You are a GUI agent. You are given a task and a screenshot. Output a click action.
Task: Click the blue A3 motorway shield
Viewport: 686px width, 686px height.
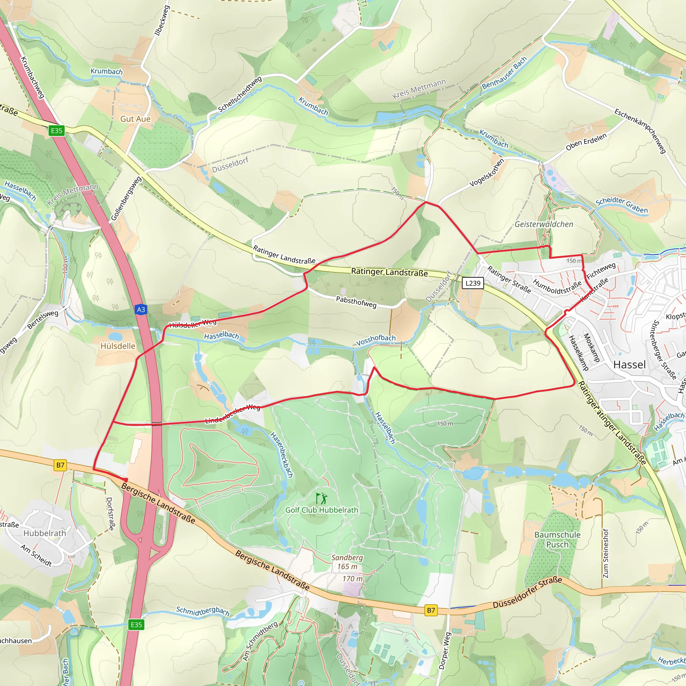tap(141, 309)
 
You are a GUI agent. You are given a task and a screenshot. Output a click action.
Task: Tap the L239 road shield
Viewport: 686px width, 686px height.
tap(473, 283)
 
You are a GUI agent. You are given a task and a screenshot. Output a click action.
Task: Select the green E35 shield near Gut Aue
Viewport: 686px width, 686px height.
tap(57, 131)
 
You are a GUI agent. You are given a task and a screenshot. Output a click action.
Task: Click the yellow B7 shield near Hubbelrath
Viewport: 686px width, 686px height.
tap(60, 465)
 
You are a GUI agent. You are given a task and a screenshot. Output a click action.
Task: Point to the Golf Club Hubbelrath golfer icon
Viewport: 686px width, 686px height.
tap(322, 498)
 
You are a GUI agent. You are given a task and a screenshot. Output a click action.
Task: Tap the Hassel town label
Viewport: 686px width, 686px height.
tap(629, 365)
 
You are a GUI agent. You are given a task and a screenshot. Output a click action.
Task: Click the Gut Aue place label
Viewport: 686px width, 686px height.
tap(135, 119)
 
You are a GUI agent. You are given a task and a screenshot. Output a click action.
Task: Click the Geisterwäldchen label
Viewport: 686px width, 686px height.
tap(544, 224)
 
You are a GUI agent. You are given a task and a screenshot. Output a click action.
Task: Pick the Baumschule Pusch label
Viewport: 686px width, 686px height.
tap(557, 539)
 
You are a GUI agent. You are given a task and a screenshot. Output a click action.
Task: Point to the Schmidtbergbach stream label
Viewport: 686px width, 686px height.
tap(203, 611)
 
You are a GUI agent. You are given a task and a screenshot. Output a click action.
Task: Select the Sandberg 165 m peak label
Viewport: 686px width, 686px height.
tap(347, 562)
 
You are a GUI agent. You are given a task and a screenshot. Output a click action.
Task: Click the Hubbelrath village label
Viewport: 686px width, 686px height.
tap(45, 533)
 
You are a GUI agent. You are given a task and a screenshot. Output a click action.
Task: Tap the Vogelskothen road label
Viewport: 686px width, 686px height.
tap(486, 173)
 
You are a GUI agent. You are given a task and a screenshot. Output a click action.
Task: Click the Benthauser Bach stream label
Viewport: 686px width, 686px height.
tap(504, 73)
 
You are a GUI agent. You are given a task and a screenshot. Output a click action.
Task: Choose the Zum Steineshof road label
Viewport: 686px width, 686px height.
tap(605, 554)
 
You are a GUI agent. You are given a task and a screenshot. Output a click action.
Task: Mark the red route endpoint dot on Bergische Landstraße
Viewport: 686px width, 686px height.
tap(126, 480)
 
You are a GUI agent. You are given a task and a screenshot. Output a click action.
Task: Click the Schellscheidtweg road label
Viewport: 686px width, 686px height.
tap(240, 94)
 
